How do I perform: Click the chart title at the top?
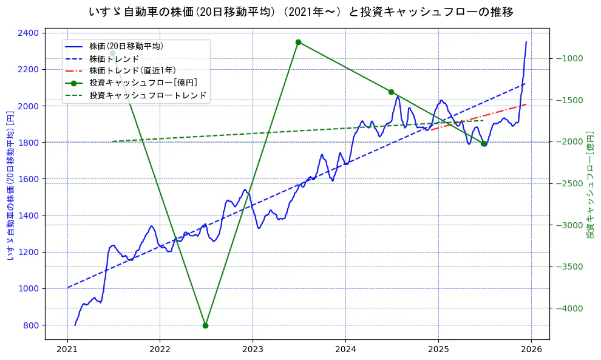point(300,12)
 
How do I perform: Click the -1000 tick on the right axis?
point(569,58)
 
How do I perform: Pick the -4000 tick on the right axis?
point(569,308)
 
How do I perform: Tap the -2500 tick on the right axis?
point(569,183)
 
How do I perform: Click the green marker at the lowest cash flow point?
point(205,325)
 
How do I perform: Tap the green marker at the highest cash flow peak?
point(298,42)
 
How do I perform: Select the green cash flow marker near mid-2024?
point(391,92)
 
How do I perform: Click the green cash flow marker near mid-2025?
point(484,143)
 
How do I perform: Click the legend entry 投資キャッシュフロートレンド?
point(148,95)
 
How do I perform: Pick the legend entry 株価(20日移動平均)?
point(126,46)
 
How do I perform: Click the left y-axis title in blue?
point(10,185)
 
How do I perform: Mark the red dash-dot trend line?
point(480,117)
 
